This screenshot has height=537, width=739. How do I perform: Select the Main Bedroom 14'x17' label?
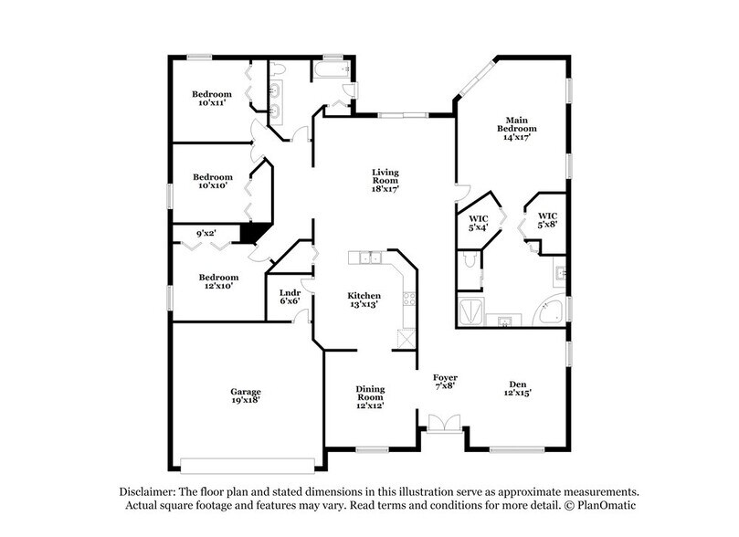click(516, 124)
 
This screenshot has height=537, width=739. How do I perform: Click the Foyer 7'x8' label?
click(445, 382)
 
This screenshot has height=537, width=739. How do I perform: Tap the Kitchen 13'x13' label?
click(364, 301)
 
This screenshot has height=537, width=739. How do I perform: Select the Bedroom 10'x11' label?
click(212, 100)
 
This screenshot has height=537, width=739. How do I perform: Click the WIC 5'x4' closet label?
click(478, 223)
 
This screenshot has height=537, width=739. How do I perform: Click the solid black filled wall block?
click(257, 234)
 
